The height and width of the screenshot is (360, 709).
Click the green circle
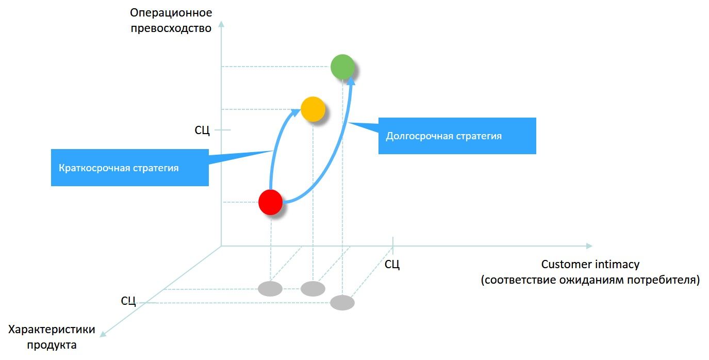point(342,67)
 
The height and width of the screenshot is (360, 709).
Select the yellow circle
point(312,109)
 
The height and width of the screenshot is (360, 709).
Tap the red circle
point(270,202)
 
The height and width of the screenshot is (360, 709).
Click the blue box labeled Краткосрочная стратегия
point(130,168)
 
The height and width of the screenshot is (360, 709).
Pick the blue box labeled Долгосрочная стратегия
point(457,136)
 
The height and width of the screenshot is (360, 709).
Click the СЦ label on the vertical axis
point(202,130)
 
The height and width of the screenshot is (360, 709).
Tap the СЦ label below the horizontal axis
point(392,265)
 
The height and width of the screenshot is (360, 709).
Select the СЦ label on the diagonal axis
point(128,301)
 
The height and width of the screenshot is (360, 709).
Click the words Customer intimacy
point(590,265)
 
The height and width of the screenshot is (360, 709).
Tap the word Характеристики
point(53,330)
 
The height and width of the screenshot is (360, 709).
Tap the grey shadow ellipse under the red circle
point(270,289)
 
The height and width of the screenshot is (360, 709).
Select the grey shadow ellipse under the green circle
point(342,303)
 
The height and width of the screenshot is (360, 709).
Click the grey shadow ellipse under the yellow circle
point(312,289)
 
